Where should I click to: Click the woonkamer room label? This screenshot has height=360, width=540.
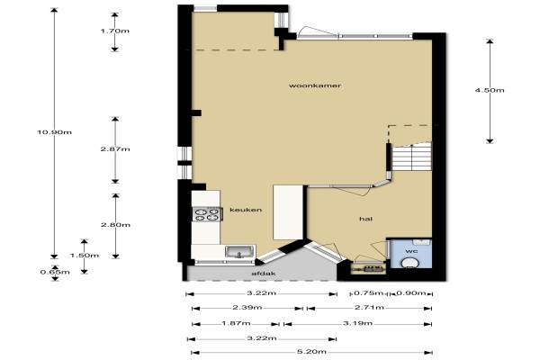315,85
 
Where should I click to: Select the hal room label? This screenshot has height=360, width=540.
365,219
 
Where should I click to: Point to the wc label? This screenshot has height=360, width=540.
411,251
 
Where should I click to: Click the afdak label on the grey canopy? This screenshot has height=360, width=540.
264,274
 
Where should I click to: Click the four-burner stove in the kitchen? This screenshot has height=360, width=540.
207,214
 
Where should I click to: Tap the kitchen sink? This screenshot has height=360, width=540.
239,251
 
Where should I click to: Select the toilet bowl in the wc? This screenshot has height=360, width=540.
410,264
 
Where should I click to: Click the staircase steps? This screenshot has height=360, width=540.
412,157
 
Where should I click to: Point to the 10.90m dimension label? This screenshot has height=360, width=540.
55,132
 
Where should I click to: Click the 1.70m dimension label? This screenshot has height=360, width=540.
115,31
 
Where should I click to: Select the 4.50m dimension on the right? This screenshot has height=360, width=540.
490,90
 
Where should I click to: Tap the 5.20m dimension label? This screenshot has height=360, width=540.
311,352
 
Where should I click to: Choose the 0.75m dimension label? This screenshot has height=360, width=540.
368,293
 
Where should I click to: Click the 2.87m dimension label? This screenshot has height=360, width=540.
115,149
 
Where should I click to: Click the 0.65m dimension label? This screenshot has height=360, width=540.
55,272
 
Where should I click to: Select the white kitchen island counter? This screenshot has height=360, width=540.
288,212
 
